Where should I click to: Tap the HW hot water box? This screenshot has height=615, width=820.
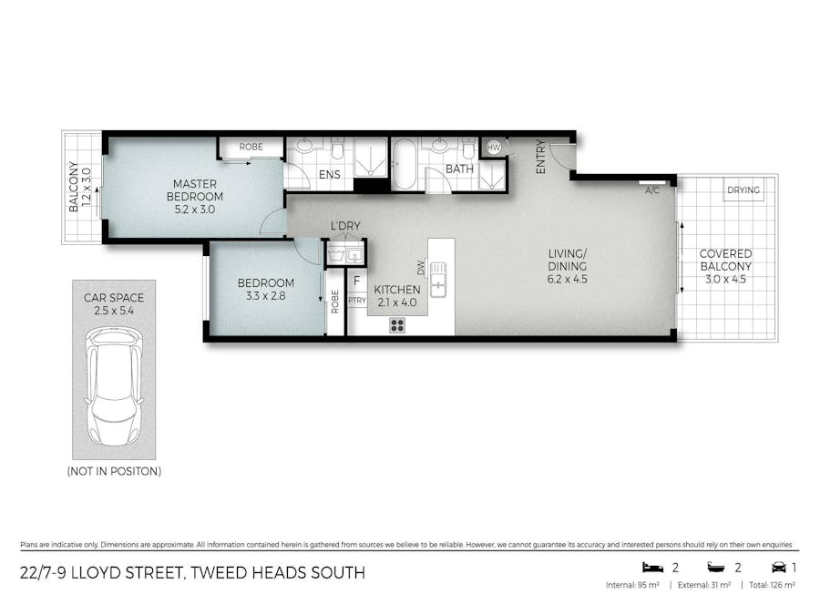pos(493,147)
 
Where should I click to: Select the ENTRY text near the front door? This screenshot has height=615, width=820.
pos(540,157)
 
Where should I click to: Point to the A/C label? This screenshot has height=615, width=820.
pos(651,190)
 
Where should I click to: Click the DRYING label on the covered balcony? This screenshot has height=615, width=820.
pos(743,190)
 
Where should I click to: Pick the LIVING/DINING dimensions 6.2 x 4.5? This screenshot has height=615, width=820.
pos(567,279)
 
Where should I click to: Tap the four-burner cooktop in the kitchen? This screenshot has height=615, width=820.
pos(398,324)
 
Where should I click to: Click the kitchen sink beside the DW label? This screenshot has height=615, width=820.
pos(439,279)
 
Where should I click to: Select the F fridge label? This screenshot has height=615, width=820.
pos(356,282)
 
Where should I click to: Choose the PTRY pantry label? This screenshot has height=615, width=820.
pos(356,300)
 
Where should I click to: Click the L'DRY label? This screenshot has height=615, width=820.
pos(344,226)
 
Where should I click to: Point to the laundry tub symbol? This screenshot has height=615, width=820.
pos(335,253)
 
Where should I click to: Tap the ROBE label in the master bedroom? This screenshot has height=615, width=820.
pos(251,147)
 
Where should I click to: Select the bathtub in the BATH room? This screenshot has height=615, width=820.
pos(405,164)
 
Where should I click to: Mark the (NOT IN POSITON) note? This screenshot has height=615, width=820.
pos(114,471)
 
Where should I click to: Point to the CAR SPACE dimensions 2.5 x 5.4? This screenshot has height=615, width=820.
pos(114,311)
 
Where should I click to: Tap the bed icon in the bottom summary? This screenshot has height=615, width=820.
pos(652,567)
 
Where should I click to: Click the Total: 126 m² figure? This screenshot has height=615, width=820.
pos(771,584)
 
